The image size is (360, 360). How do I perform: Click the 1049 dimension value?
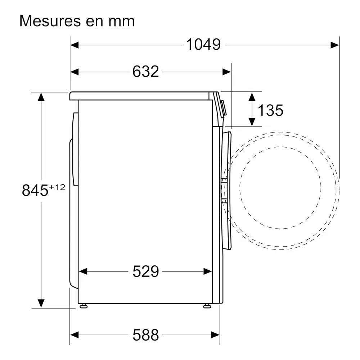point(203,44)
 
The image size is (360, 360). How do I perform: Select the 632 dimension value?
point(145,71)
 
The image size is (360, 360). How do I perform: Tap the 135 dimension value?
point(270,111)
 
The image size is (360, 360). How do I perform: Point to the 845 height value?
point(35,190)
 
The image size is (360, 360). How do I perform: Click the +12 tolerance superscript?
point(57,187)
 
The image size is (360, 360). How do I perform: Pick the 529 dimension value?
point(145,271)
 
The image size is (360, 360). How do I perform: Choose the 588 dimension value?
point(145,335)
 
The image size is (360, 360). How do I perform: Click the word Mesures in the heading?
point(50,21)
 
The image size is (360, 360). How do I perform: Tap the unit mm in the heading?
point(121,22)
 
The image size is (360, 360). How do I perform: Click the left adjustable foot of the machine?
point(84,306)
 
